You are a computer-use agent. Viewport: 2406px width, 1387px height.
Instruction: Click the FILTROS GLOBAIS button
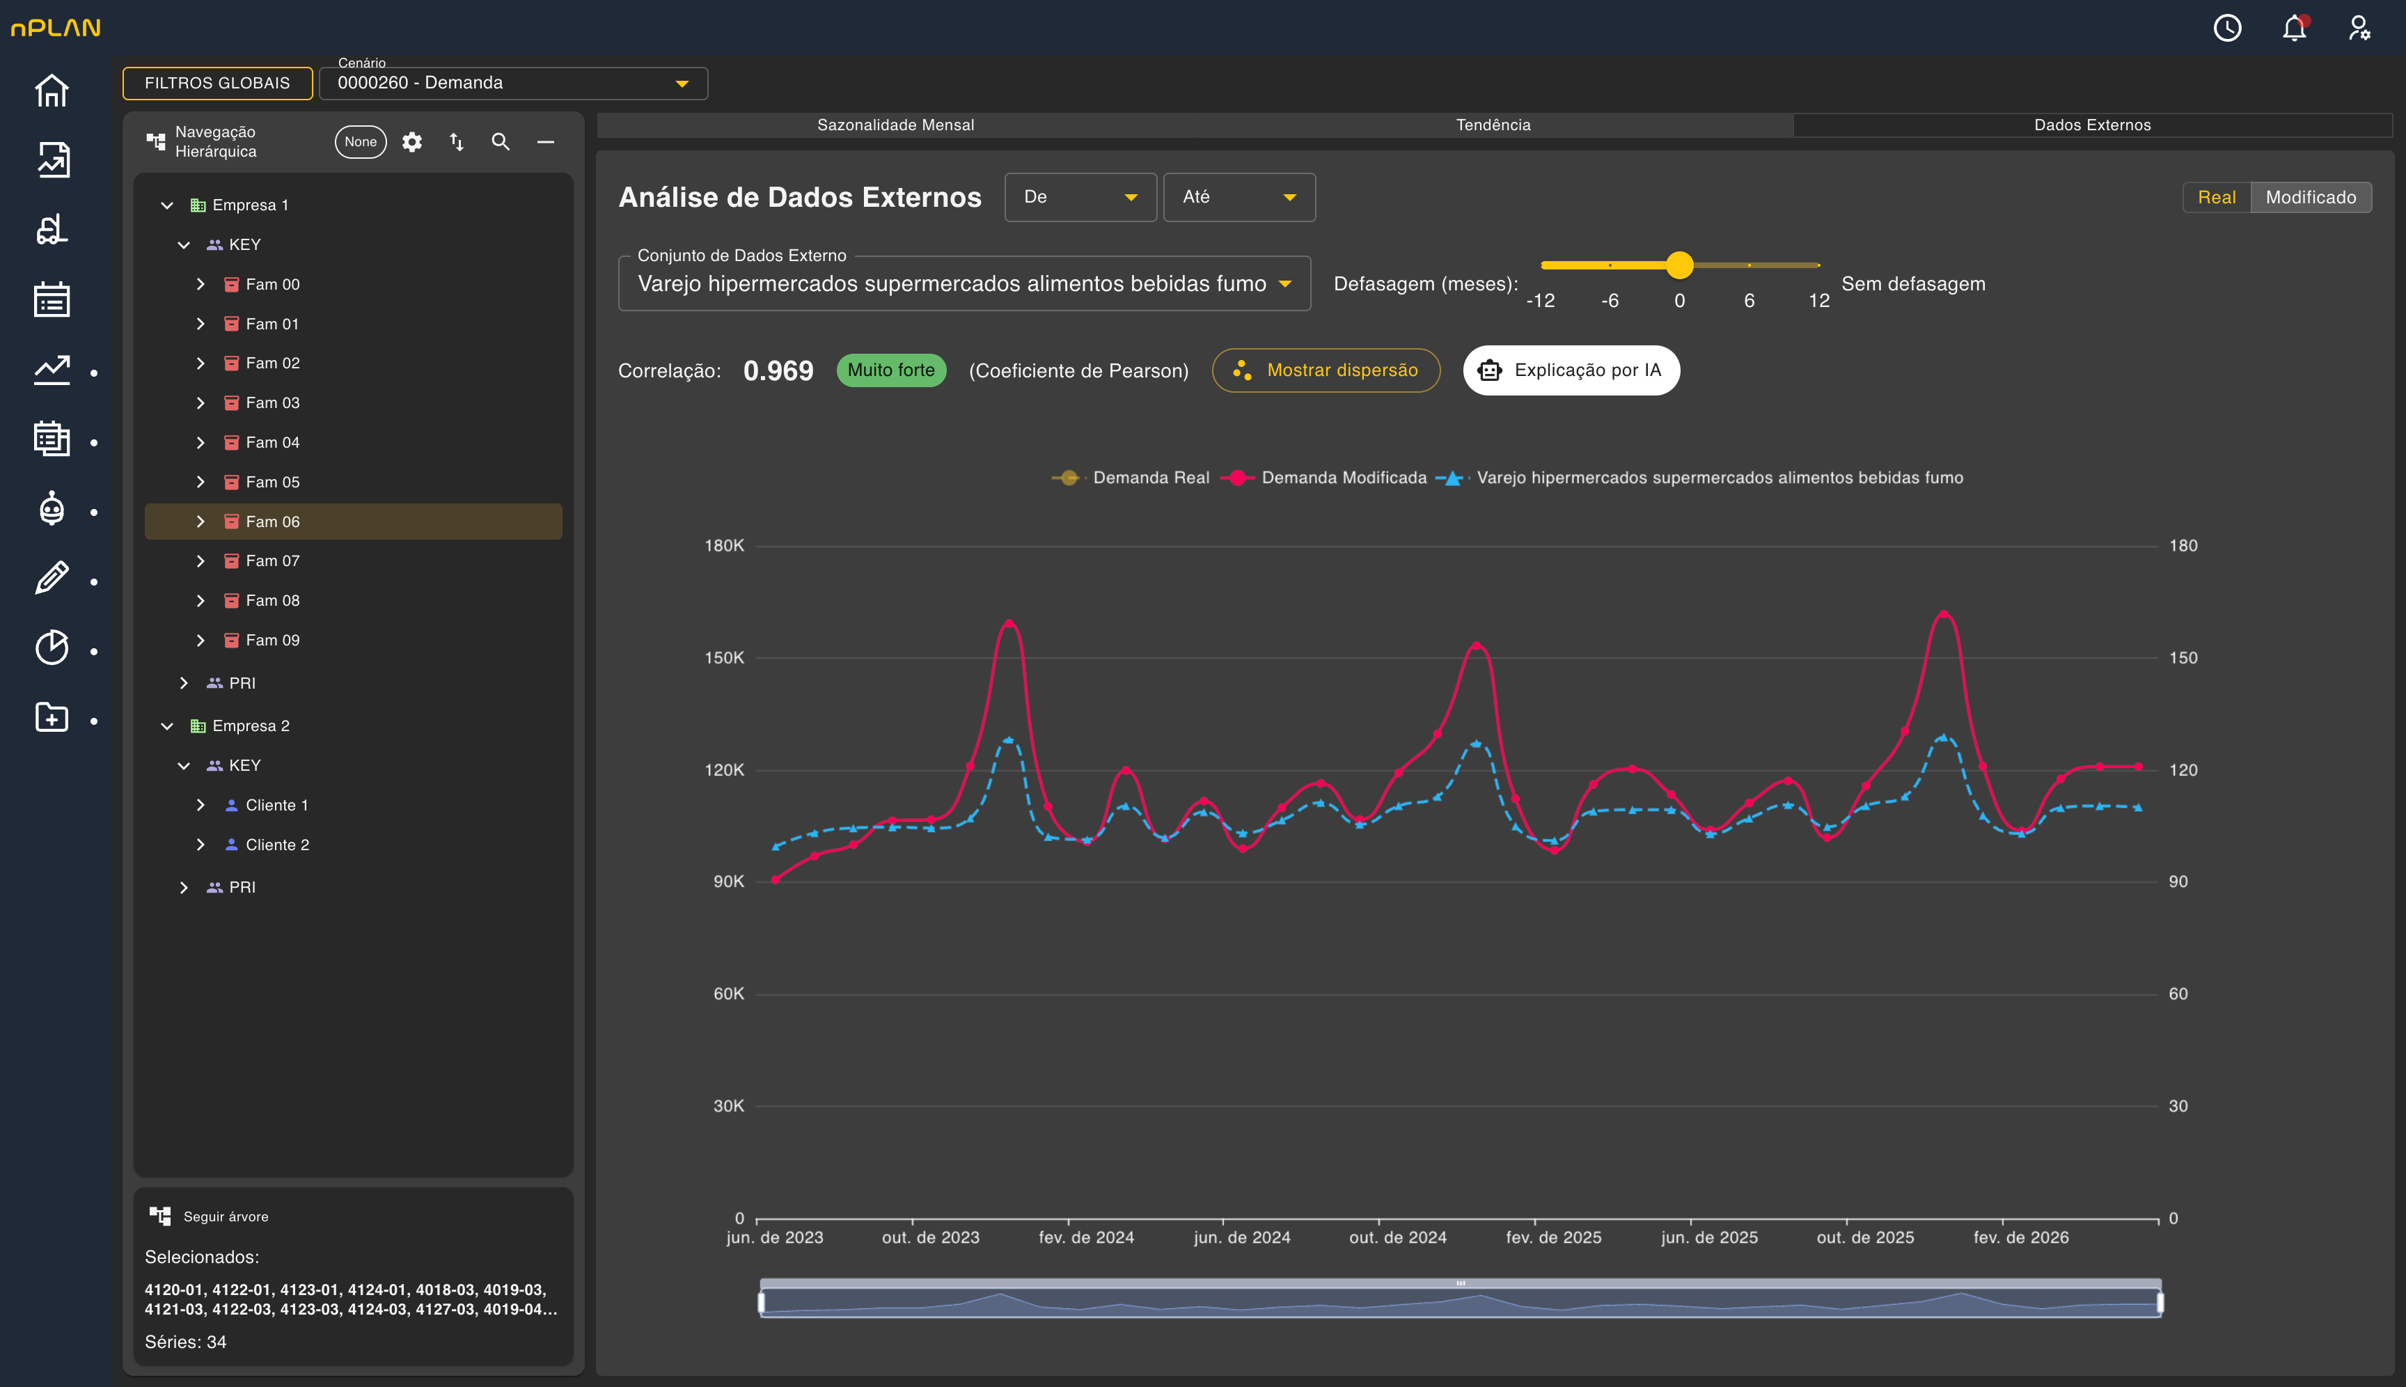(217, 83)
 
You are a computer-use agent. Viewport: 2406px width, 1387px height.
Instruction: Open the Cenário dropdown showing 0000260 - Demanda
(512, 83)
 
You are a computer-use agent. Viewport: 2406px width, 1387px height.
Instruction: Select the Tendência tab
(1493, 125)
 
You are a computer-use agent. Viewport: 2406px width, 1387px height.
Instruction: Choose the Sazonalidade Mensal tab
(895, 125)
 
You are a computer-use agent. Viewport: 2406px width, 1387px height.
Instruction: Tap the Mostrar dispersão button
(1326, 370)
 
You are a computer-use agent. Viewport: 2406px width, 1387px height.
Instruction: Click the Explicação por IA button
(1571, 370)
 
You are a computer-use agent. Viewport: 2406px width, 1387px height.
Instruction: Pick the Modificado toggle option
(2310, 197)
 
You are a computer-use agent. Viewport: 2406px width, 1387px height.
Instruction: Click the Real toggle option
(2217, 197)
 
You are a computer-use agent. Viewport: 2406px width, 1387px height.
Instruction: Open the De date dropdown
(1080, 197)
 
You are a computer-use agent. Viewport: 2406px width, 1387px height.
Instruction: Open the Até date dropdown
(1239, 197)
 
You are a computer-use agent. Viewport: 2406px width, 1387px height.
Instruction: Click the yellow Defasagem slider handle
(1679, 265)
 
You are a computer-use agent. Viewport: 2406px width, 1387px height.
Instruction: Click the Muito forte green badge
(890, 370)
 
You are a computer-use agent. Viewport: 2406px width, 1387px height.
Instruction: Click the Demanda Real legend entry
(1130, 477)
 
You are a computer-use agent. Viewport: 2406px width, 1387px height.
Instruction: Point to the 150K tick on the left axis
(724, 657)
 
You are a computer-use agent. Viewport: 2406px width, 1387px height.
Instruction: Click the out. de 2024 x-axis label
(1397, 1237)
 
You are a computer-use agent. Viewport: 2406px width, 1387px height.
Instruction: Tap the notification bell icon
(2294, 28)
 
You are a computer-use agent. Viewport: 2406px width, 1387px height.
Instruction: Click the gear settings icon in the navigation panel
(411, 142)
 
